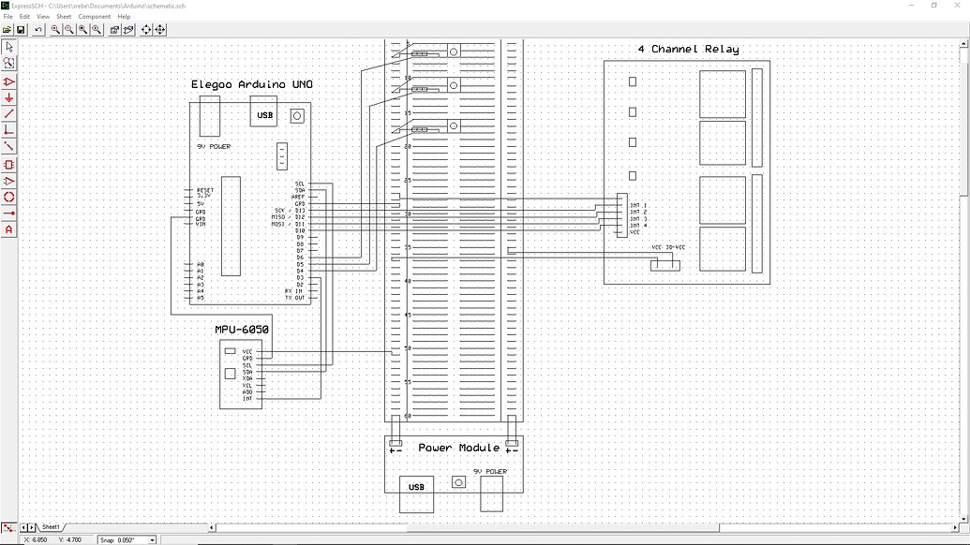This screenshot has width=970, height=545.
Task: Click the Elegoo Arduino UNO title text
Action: pos(251,84)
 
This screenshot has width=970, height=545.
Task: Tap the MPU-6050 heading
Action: pos(242,330)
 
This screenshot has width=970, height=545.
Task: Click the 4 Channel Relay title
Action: pos(688,50)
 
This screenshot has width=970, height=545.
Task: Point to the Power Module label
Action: pos(458,448)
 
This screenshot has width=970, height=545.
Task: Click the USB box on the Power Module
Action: pos(416,487)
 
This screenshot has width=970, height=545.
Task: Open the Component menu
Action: pos(95,17)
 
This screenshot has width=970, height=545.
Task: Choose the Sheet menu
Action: pos(64,17)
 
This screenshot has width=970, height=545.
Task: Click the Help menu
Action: pos(124,17)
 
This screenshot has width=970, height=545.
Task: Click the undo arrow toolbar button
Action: pos(38,30)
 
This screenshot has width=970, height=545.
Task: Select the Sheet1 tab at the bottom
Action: pos(51,527)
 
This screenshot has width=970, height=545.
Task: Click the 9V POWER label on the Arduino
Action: pos(214,147)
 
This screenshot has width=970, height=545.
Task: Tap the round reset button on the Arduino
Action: pos(297,116)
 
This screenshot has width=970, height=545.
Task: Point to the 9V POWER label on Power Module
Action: pos(490,471)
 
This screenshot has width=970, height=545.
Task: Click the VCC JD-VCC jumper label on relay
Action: pos(668,247)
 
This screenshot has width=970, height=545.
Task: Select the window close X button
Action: pos(957,6)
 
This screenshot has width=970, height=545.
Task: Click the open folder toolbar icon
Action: pos(7,30)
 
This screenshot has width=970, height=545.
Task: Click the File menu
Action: pos(8,17)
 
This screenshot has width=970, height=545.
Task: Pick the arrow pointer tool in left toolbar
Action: pos(9,47)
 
